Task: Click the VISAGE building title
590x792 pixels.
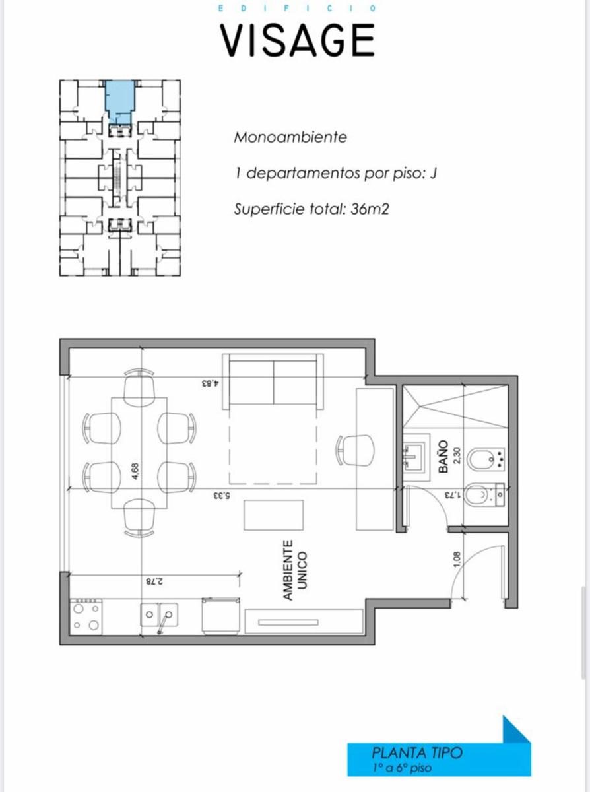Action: pos(298,41)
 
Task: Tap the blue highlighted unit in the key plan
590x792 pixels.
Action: pos(120,101)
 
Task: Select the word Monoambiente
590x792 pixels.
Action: pos(290,137)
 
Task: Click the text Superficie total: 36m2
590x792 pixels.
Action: pos(311,209)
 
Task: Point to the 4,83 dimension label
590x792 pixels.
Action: pos(211,384)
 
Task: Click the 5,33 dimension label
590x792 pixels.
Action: pos(222,496)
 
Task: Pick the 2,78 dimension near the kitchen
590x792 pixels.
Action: pos(154,581)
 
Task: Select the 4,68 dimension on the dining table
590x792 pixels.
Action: pos(136,471)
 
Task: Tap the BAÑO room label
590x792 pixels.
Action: pos(443,456)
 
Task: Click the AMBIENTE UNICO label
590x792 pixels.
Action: pos(294,570)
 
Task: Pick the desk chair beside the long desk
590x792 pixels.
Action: pos(356,450)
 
